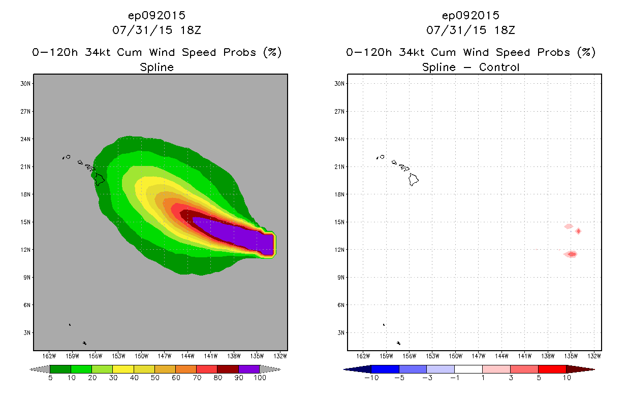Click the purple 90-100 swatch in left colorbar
[249, 369]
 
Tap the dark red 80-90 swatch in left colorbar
[228, 369]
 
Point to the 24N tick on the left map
[26, 139]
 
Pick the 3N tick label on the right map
[340, 333]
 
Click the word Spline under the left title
[157, 67]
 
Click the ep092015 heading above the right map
[471, 16]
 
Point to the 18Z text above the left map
[190, 30]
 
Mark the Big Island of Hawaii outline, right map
[414, 179]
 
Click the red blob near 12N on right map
[571, 254]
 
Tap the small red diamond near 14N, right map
[578, 231]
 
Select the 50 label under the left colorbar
[154, 378]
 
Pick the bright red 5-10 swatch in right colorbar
[552, 369]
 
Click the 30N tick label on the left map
[26, 84]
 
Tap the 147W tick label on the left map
[164, 355]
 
